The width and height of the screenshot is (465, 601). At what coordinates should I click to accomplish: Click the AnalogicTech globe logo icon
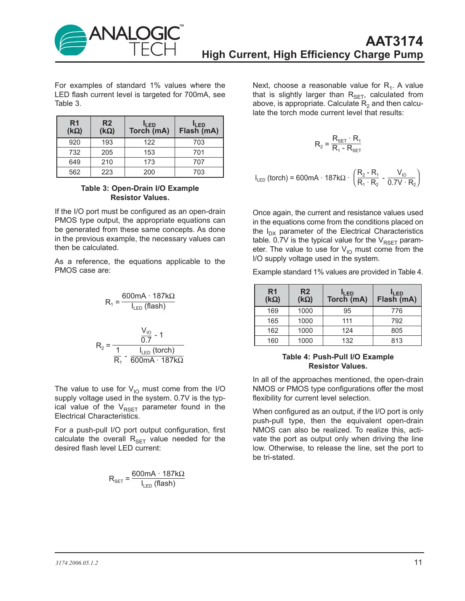70,40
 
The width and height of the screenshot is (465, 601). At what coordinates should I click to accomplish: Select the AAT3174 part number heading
394,41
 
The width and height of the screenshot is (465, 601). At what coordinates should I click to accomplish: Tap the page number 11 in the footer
418,562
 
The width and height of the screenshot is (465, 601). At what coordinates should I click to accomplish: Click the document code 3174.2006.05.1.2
77,563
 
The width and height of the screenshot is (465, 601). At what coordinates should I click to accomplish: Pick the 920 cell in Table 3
74,142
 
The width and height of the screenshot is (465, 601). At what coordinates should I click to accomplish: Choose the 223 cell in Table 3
107,172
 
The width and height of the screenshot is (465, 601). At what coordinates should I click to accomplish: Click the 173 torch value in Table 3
149,162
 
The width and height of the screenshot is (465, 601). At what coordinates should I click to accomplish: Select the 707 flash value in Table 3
199,162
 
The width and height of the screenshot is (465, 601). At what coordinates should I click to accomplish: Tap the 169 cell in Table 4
273,311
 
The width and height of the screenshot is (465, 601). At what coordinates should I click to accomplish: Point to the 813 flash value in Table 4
397,341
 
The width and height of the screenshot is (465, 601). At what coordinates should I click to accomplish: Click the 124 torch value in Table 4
347,331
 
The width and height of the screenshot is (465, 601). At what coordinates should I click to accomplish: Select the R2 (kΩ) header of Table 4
305,295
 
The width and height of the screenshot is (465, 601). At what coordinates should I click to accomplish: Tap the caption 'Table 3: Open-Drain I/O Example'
140,188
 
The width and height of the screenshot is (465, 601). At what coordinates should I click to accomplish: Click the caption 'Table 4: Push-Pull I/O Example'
338,357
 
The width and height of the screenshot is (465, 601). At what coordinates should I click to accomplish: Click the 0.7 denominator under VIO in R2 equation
146,340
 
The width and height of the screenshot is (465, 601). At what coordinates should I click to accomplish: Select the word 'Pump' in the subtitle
409,55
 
